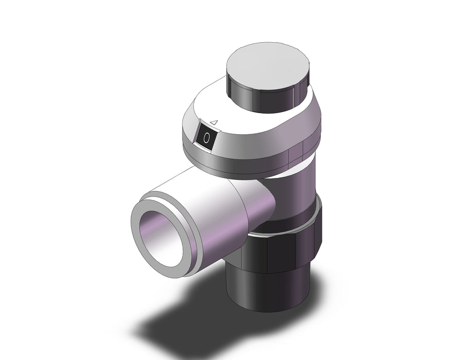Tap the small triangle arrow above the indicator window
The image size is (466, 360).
(x=214, y=122)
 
